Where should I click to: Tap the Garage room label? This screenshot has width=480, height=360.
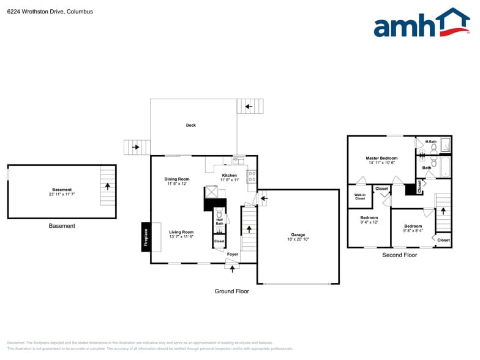298,235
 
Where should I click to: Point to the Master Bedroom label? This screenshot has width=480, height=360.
381,158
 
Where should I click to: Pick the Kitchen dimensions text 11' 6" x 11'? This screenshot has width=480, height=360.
229,180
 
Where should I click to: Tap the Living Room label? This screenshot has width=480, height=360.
181,232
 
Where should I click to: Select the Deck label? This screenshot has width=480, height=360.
191,126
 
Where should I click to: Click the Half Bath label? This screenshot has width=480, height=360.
219,222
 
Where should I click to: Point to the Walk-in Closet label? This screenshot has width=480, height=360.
359,197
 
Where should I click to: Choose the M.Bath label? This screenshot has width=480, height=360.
431,142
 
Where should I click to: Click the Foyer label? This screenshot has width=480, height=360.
233,254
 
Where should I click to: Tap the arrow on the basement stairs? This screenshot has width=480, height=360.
108,184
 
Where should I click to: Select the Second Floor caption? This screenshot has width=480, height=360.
399,255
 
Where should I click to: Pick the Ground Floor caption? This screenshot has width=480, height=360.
231,291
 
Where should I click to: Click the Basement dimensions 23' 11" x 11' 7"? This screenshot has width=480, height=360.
62,195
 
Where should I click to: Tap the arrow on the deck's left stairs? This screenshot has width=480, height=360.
135,147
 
